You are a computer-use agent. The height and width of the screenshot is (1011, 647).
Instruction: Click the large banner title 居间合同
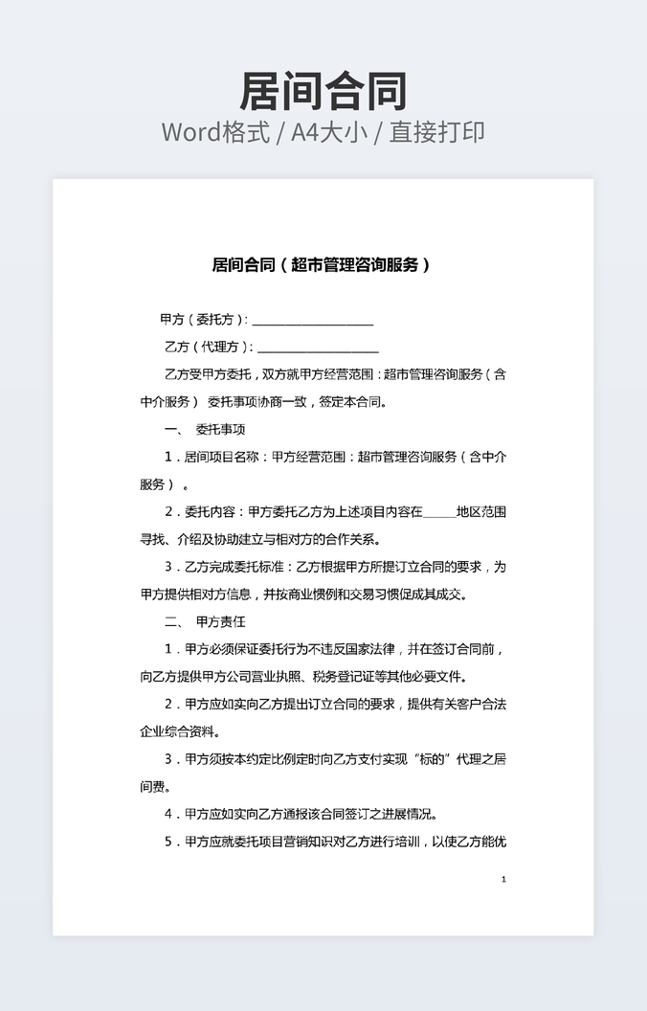323,92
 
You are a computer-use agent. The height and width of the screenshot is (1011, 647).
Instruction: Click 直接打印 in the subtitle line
435,132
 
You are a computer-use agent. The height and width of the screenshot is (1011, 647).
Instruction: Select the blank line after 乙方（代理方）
318,348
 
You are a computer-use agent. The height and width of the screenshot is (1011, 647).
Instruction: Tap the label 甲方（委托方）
203,320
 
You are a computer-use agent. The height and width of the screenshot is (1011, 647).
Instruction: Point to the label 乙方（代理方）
209,347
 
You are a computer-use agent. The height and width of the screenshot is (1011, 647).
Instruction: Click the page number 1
503,879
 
